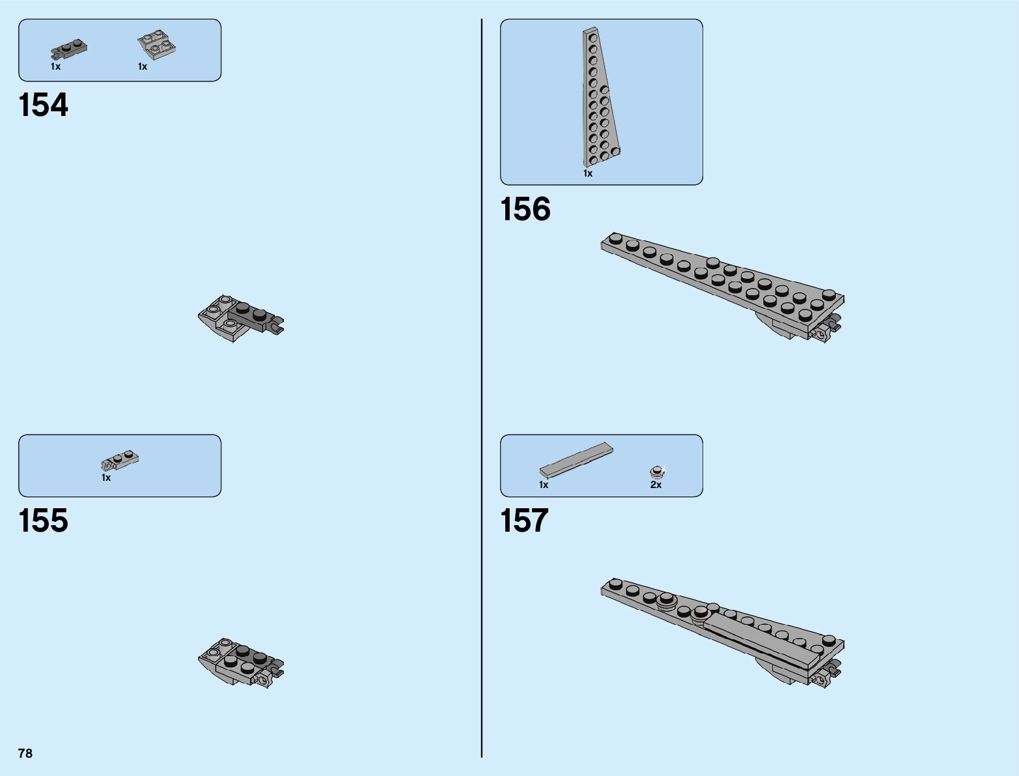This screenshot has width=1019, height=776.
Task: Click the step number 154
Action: [x=44, y=106]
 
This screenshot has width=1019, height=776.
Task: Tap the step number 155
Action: [x=44, y=521]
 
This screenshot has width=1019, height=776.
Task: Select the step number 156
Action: [x=525, y=210]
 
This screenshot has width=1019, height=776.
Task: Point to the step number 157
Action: [x=525, y=521]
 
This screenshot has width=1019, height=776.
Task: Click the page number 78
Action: [x=25, y=754]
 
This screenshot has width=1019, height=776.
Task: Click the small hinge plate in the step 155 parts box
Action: [x=120, y=461]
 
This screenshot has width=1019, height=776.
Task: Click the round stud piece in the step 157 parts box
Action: [x=658, y=471]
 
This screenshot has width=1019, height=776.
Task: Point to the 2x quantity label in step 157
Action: [x=656, y=485]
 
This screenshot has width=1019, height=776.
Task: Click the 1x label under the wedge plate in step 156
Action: [x=588, y=174]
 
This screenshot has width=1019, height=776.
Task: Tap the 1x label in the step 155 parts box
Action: [x=106, y=478]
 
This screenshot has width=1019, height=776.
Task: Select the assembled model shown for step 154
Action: [x=240, y=318]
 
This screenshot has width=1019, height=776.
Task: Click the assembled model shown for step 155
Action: [x=240, y=662]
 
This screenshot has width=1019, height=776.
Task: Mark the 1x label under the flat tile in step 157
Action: [x=544, y=485]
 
